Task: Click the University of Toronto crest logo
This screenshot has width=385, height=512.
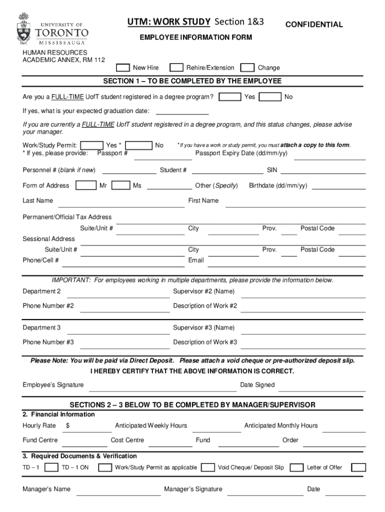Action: click(x=23, y=29)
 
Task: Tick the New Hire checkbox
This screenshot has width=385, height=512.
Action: click(x=123, y=67)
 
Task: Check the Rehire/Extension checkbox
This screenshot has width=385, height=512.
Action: click(x=176, y=67)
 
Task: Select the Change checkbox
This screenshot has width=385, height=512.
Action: click(x=247, y=67)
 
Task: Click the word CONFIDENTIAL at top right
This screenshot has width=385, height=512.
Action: click(x=313, y=24)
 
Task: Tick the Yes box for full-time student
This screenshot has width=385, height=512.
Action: click(x=230, y=96)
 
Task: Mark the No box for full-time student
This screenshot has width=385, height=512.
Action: click(x=270, y=96)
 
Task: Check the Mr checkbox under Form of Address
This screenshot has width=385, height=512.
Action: click(x=86, y=185)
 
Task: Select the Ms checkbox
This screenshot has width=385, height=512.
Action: click(x=121, y=185)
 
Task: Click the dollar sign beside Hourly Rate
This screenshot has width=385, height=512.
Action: click(x=67, y=425)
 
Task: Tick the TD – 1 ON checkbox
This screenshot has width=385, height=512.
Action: click(x=105, y=467)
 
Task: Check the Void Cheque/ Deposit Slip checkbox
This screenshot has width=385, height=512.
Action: click(x=297, y=467)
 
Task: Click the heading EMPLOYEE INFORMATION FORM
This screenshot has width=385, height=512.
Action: click(x=195, y=37)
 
